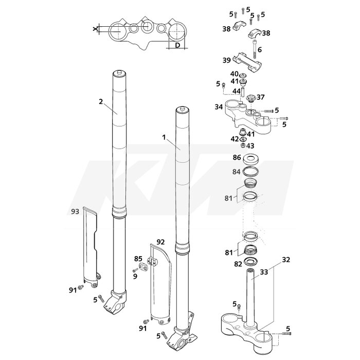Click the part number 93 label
click(x=75, y=211)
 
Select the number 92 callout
click(x=160, y=242)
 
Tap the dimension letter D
click(x=177, y=45)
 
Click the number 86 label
click(x=237, y=157)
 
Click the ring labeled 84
click(x=251, y=171)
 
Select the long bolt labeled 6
click(x=255, y=49)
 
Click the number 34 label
click(x=219, y=107)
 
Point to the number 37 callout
click(x=260, y=97)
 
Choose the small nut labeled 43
click(x=243, y=145)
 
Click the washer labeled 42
click(x=243, y=139)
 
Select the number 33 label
click(x=264, y=272)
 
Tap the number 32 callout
click(x=286, y=260)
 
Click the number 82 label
click(x=238, y=264)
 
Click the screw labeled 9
click(x=135, y=270)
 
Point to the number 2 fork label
click(x=101, y=101)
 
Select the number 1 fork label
click(x=164, y=137)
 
